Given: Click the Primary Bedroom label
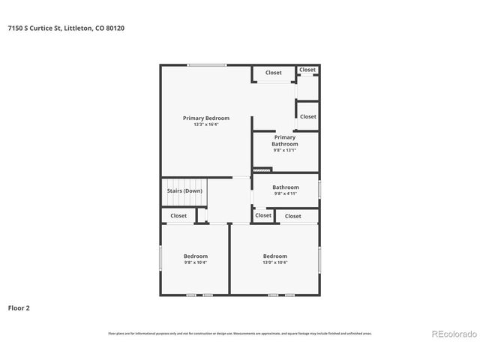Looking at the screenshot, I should tap(206, 118).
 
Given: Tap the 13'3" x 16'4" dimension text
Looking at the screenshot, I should tap(206, 124).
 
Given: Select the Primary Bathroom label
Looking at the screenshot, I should tap(285, 140).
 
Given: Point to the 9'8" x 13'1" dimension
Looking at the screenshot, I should tap(285, 150).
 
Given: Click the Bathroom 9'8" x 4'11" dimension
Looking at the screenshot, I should tap(286, 194).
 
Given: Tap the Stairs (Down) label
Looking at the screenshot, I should tap(184, 190).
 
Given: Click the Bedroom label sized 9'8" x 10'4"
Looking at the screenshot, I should tap(196, 256).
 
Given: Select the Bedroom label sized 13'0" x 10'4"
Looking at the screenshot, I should tap(275, 256).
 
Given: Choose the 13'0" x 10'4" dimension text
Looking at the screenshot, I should tap(275, 262).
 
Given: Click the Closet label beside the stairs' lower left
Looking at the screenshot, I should tap(178, 216).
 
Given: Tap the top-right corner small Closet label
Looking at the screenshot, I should tap(307, 70).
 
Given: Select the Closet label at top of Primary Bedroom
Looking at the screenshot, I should tap(274, 73).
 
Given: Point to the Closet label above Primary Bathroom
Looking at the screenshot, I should tap(307, 116).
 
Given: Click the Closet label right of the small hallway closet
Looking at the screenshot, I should tap(293, 216).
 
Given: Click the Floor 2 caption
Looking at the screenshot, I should tap(19, 307).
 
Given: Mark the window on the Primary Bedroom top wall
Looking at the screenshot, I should tap(207, 64).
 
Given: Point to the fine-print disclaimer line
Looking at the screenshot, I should tap(240, 333).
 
